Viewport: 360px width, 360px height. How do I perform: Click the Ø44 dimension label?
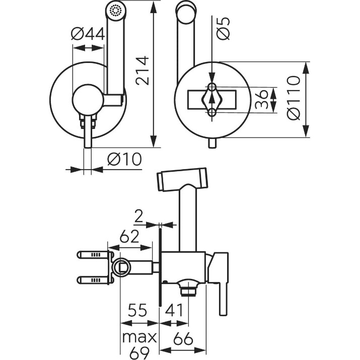click(88, 34)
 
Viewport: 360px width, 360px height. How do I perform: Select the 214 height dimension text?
click(142, 70)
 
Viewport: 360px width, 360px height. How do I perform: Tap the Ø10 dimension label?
click(125, 159)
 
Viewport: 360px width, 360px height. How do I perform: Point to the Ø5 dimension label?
click(223, 28)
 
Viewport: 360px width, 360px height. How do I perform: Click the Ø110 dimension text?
click(294, 98)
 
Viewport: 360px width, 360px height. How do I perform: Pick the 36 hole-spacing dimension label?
click(262, 99)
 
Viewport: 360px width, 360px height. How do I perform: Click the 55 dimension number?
click(137, 310)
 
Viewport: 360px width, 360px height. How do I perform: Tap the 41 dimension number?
click(174, 310)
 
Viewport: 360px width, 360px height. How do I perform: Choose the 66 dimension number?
click(183, 338)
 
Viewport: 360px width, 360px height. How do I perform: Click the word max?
click(139, 337)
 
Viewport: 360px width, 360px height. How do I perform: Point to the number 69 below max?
click(139, 352)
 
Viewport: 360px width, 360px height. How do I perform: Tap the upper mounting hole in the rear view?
click(212, 87)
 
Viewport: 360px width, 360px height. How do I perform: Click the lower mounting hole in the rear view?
click(212, 112)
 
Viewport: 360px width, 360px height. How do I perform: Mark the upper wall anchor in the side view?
click(95, 255)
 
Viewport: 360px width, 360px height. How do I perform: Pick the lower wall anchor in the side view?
click(95, 280)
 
